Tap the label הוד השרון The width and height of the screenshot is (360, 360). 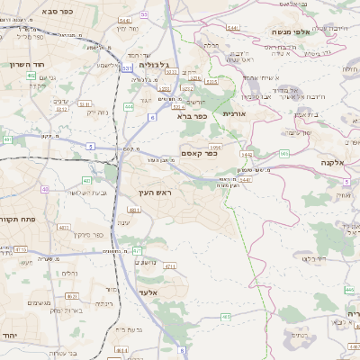pos(27,65)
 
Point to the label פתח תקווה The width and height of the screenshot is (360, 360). pos(18,218)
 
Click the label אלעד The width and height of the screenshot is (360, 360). pos(149,292)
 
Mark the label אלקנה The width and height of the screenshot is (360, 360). pos(332,162)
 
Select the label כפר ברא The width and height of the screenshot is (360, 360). pos(193,115)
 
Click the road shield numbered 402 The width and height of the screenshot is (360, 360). pos(31,76)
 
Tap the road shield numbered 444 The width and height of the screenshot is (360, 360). pos(129,106)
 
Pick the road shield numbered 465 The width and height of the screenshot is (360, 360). pos(226,316)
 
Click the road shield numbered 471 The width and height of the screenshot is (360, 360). pos(137,250)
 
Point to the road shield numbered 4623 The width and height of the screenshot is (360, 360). pos(64,229)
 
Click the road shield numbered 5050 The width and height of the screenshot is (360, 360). pos(215,147)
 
